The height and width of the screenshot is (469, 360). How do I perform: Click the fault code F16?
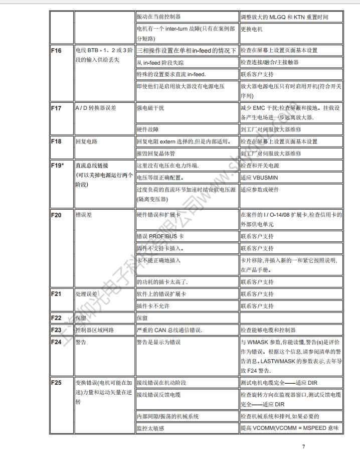tap(56, 51)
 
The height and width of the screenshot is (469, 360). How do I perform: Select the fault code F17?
tap(56, 108)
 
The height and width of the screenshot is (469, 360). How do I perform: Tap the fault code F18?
tap(56, 141)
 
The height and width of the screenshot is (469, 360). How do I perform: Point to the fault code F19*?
tap(58, 166)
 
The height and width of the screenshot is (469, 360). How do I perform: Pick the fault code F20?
tap(56, 215)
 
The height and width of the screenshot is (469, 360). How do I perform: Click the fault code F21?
tap(56, 294)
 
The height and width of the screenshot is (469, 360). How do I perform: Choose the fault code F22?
tap(56, 318)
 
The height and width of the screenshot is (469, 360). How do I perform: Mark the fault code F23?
tap(56, 330)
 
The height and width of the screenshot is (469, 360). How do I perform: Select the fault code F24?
tap(56, 342)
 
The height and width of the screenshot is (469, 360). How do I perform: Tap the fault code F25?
tap(56, 383)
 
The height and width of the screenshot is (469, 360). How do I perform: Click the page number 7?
tap(303, 447)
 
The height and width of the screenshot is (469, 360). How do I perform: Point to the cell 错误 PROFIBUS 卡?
tap(160, 236)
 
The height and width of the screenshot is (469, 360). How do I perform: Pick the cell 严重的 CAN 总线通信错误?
tap(169, 330)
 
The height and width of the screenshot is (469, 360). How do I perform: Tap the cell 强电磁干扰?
tap(150, 108)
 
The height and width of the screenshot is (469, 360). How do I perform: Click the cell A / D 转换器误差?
tap(95, 108)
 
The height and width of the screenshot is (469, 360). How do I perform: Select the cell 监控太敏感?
tap(150, 428)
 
